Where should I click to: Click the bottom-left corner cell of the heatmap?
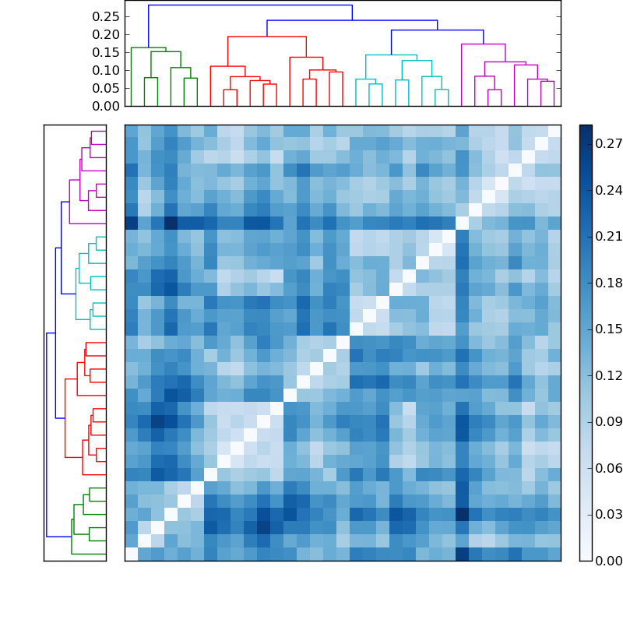[x=131, y=554]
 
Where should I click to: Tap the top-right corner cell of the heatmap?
[x=554, y=131]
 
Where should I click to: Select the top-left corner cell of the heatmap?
[x=131, y=131]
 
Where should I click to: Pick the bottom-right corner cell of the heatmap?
[x=554, y=554]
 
